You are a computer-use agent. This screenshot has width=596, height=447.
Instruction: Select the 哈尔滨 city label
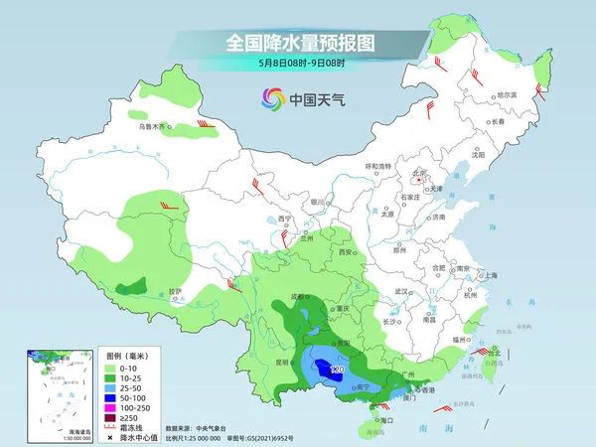click(x=508, y=95)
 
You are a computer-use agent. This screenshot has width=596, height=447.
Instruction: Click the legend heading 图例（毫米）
click(x=129, y=356)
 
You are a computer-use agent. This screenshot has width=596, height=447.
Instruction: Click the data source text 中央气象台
click(x=214, y=427)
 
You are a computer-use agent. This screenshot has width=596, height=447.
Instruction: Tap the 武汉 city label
click(x=402, y=291)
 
